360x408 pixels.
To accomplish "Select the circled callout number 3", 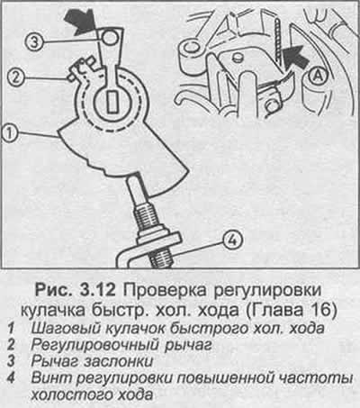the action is [x=34, y=41].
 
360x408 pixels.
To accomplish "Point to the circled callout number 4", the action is [x=232, y=240].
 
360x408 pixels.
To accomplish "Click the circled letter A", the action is [x=317, y=77].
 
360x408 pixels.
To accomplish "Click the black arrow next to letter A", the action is [x=295, y=57].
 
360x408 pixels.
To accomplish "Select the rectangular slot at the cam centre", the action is [x=112, y=101].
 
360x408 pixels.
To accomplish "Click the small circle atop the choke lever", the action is [x=110, y=37].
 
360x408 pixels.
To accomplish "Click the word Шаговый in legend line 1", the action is [x=67, y=329].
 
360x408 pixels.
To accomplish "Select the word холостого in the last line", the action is [x=72, y=394].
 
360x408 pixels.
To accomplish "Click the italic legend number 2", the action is [x=11, y=345].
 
